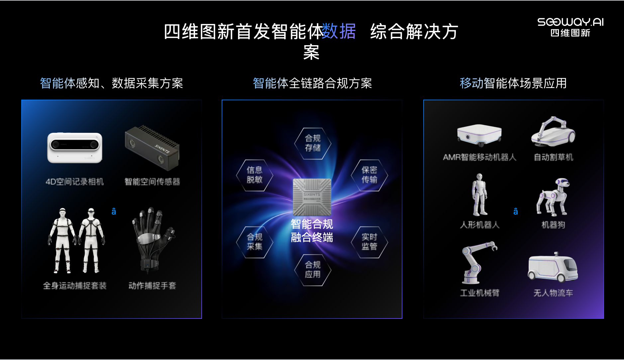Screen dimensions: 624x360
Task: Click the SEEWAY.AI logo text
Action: tap(570, 22)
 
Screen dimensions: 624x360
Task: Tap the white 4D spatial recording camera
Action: tap(75, 148)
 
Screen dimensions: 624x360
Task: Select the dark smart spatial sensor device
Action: tap(152, 147)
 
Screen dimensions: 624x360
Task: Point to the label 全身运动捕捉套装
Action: tap(75, 286)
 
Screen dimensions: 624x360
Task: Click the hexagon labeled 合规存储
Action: tap(313, 143)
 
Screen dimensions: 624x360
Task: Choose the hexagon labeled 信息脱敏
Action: tap(255, 175)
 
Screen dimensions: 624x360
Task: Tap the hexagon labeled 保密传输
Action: tap(369, 175)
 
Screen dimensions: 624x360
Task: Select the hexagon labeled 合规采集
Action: tap(255, 242)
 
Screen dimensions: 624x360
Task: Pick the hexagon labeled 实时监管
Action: tap(369, 242)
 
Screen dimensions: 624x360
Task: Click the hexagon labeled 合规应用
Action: tap(313, 270)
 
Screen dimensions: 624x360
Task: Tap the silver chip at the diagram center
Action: tap(312, 197)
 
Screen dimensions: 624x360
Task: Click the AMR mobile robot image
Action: tap(479, 135)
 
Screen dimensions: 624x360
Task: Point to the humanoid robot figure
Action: tap(479, 195)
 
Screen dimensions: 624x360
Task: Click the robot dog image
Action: tap(553, 197)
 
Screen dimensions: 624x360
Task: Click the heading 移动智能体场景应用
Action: tap(513, 83)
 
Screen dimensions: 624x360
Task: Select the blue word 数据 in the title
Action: tap(339, 31)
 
